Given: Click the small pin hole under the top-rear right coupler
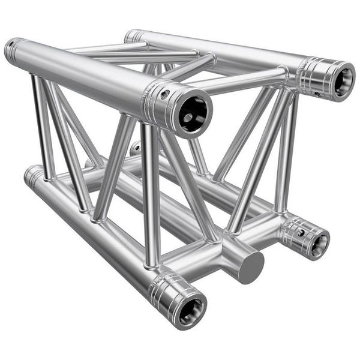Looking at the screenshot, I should tap(316, 94).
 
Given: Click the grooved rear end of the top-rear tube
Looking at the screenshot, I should tap(133, 35).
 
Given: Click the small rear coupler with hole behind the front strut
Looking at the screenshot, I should tap(136, 147).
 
